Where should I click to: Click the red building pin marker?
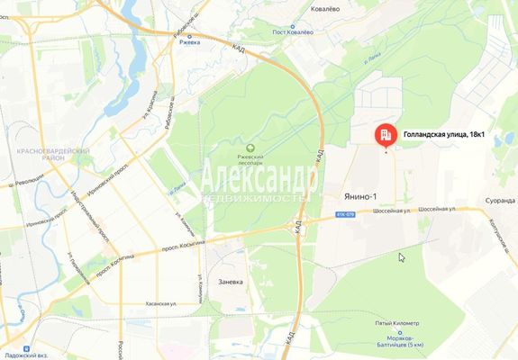click(x=386, y=135)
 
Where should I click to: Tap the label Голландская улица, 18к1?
click(x=444, y=134)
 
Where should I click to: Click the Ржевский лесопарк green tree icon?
click(x=250, y=148)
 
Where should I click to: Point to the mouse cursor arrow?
click(x=402, y=257)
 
